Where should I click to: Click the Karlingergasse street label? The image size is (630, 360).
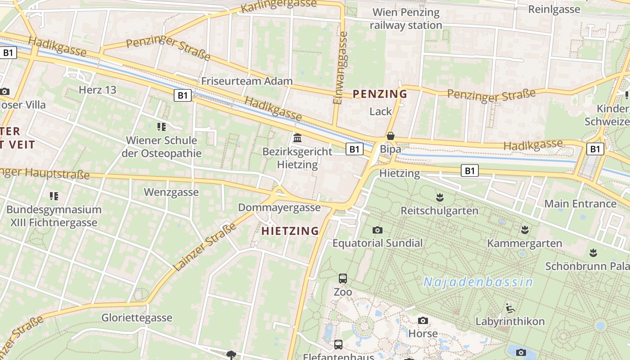pyautogui.click(x=279, y=6)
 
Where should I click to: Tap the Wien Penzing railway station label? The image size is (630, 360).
pyautogui.click(x=406, y=19)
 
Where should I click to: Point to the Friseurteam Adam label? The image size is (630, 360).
pyautogui.click(x=247, y=81)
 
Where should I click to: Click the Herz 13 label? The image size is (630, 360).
pyautogui.click(x=97, y=90)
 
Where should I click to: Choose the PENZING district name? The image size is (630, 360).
pyautogui.click(x=380, y=94)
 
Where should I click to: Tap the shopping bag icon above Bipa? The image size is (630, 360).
pyautogui.click(x=391, y=136)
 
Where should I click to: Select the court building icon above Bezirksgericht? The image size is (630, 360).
pyautogui.click(x=297, y=138)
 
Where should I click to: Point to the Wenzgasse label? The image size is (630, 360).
pyautogui.click(x=171, y=192)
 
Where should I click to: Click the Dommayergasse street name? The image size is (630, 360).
pyautogui.click(x=279, y=207)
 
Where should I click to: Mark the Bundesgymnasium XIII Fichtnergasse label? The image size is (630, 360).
pyautogui.click(x=54, y=216)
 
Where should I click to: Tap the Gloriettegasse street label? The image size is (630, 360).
pyautogui.click(x=137, y=318)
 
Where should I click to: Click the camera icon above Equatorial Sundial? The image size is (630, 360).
pyautogui.click(x=378, y=230)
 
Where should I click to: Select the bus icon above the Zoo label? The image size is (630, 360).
pyautogui.click(x=343, y=278)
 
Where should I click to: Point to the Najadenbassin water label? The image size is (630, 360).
pyautogui.click(x=478, y=282)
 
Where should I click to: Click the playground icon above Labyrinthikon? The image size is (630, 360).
pyautogui.click(x=510, y=309)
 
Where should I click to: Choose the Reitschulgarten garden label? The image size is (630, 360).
pyautogui.click(x=439, y=211)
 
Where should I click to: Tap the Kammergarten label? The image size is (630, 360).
pyautogui.click(x=525, y=243)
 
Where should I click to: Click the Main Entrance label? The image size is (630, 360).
pyautogui.click(x=580, y=204)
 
